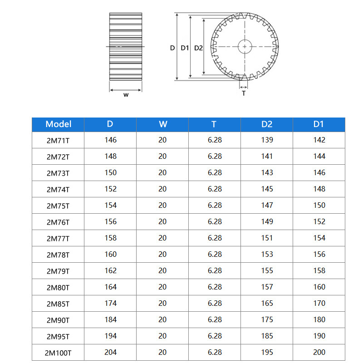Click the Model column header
click(59, 124)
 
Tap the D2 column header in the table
click(267, 124)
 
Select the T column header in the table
click(214, 124)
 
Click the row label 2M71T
click(59, 140)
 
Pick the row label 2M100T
click(59, 353)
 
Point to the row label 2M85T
click(59, 304)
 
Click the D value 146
click(110, 140)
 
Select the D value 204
click(110, 352)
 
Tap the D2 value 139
click(267, 140)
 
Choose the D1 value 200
click(319, 352)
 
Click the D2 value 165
click(267, 303)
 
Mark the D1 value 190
click(319, 336)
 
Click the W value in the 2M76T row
click(162, 221)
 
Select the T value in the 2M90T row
click(215, 319)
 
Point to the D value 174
click(110, 303)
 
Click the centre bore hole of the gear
click(245, 46)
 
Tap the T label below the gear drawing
click(244, 93)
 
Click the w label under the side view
click(126, 95)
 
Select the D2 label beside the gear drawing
click(198, 48)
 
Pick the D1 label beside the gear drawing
click(184, 48)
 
